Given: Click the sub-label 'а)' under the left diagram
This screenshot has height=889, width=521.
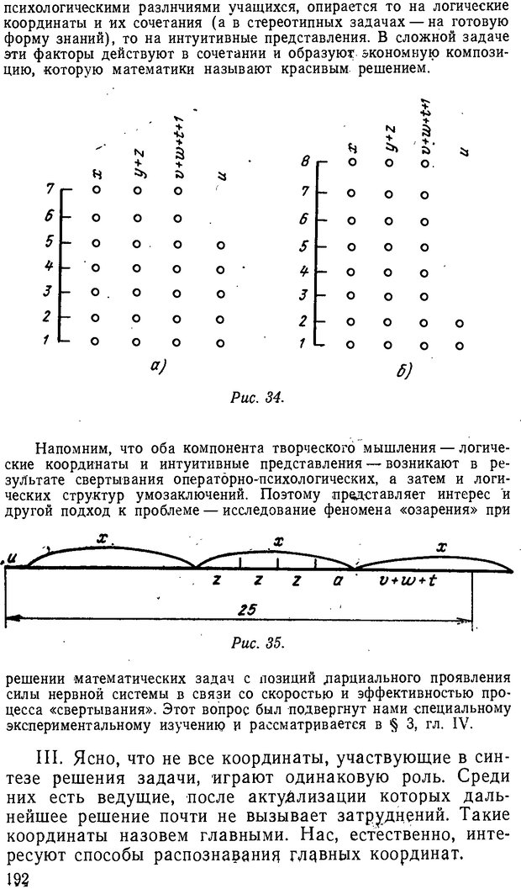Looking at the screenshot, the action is (157, 367).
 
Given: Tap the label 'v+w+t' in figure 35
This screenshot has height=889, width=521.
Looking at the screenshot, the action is (405, 581).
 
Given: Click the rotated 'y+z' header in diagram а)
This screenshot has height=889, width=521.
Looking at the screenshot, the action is (139, 165).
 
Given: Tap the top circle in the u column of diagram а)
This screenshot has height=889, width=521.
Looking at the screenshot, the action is (220, 245).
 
